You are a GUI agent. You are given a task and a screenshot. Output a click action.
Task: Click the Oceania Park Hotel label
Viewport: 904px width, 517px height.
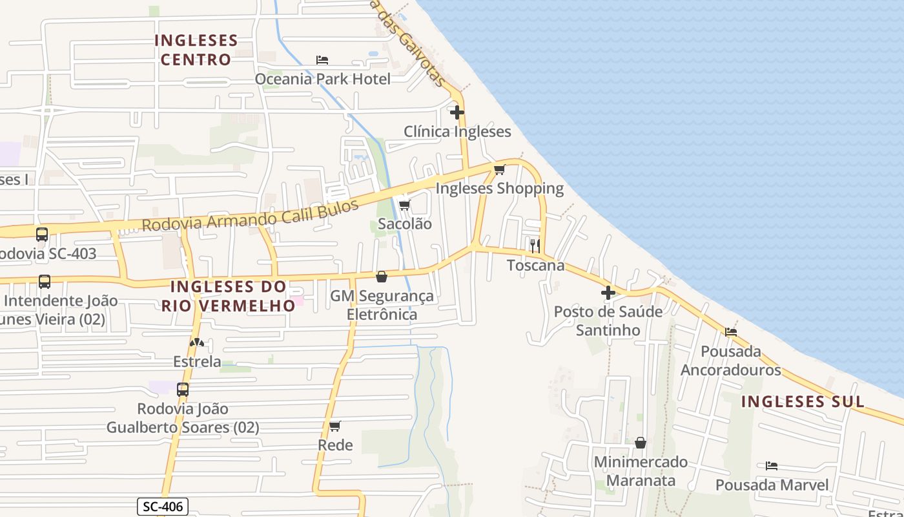pos(322,79)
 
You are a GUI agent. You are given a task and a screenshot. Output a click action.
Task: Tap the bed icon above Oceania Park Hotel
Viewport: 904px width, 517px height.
pos(322,60)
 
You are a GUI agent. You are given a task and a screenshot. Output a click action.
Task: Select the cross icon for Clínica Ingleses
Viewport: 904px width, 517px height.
pos(457,112)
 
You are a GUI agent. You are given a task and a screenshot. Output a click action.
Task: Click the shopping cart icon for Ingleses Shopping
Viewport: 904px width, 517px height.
pos(499,170)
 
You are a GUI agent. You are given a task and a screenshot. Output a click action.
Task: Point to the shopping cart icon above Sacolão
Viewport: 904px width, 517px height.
pos(404,205)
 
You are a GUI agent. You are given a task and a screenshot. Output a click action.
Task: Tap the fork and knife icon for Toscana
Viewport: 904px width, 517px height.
pos(535,246)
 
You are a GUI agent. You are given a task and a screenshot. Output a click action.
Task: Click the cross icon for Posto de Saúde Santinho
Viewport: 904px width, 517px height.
pos(608,293)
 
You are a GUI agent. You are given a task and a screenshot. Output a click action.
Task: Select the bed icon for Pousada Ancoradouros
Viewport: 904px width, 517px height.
pos(731,332)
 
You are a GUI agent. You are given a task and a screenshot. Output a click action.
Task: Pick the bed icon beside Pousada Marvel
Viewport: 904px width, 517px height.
pos(772,466)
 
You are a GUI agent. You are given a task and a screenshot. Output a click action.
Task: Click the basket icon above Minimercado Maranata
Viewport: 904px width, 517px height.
pos(641,443)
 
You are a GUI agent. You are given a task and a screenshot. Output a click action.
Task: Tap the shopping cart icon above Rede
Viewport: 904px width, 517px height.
pos(334,427)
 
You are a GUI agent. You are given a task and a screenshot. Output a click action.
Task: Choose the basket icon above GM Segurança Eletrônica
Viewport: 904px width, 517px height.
pos(382,277)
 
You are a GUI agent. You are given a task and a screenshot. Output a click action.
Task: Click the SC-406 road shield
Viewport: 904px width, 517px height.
pos(163,507)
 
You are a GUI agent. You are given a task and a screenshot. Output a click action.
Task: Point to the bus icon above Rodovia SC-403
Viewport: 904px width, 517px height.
pos(42,235)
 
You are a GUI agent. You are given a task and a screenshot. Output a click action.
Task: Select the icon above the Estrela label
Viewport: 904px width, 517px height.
pos(197,343)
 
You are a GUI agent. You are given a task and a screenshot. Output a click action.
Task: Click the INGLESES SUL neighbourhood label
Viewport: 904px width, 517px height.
pos(802,401)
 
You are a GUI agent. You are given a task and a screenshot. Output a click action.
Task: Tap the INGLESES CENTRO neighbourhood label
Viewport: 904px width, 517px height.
pos(196,50)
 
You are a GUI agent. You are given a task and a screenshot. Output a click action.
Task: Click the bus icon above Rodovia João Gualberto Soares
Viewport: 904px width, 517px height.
pos(183,390)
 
